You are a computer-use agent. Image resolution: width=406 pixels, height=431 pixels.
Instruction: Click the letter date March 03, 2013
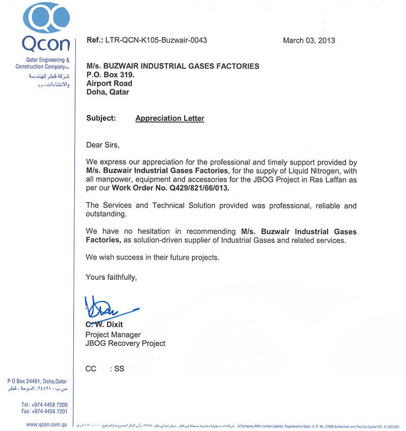point(309,41)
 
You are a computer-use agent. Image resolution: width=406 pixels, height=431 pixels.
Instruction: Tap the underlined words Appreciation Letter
point(170,118)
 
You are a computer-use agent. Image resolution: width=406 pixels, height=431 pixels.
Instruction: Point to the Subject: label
point(101,118)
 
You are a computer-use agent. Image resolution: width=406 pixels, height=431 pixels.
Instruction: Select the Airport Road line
point(109,83)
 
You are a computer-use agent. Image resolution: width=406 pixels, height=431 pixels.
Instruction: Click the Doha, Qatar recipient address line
point(108,92)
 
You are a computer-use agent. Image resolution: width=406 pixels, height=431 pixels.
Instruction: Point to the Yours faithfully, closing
point(111,277)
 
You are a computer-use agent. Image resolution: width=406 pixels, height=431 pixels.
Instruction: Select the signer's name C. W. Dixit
point(104,325)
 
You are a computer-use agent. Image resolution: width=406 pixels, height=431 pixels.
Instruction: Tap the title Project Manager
point(113,335)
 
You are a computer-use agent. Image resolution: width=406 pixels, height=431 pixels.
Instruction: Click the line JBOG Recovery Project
point(125,343)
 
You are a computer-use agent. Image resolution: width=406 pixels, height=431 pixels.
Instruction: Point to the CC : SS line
point(105,369)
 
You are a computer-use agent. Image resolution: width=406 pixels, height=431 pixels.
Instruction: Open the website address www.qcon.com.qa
point(47,424)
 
